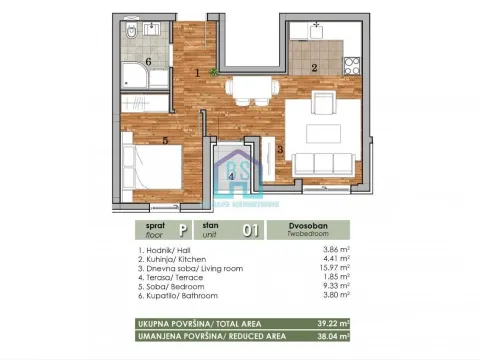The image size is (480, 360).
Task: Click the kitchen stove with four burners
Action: [352, 66]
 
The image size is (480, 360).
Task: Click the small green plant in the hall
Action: [213, 72]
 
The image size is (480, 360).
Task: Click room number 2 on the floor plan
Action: [315, 68]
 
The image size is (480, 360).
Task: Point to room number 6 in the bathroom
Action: [149, 61]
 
